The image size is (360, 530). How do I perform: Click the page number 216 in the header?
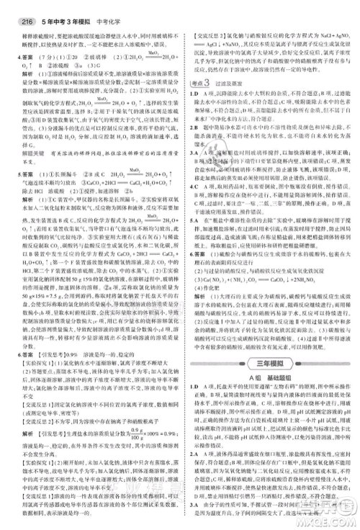point(13,9)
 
